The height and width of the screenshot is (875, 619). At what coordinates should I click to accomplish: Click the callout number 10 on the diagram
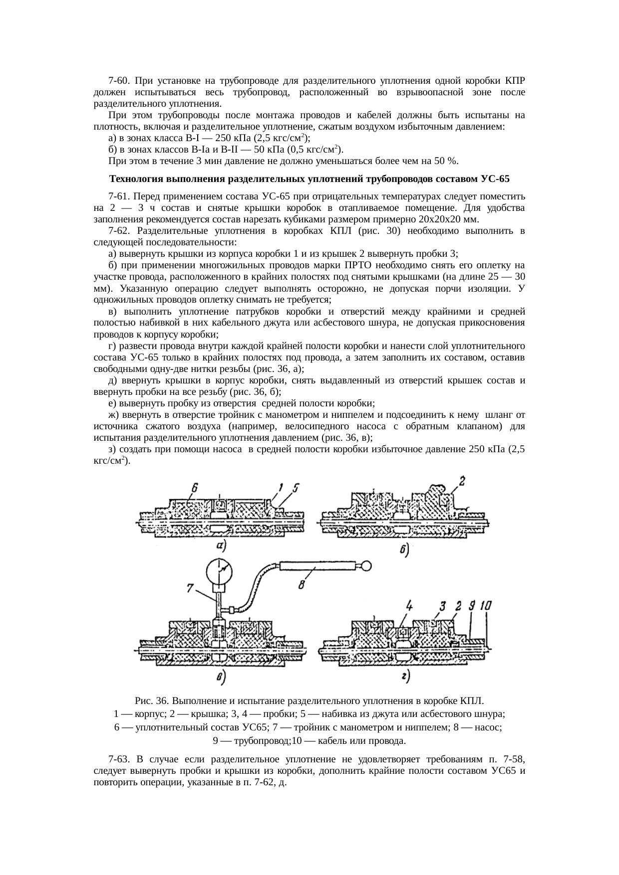486,606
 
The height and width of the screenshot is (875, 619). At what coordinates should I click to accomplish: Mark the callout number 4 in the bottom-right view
409,606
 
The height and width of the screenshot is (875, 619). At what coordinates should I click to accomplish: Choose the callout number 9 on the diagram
471,606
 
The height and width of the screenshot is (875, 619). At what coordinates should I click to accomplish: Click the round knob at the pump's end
368,565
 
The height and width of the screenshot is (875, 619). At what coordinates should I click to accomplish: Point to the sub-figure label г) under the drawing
405,677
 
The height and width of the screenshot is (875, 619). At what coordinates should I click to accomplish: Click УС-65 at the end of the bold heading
496,178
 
